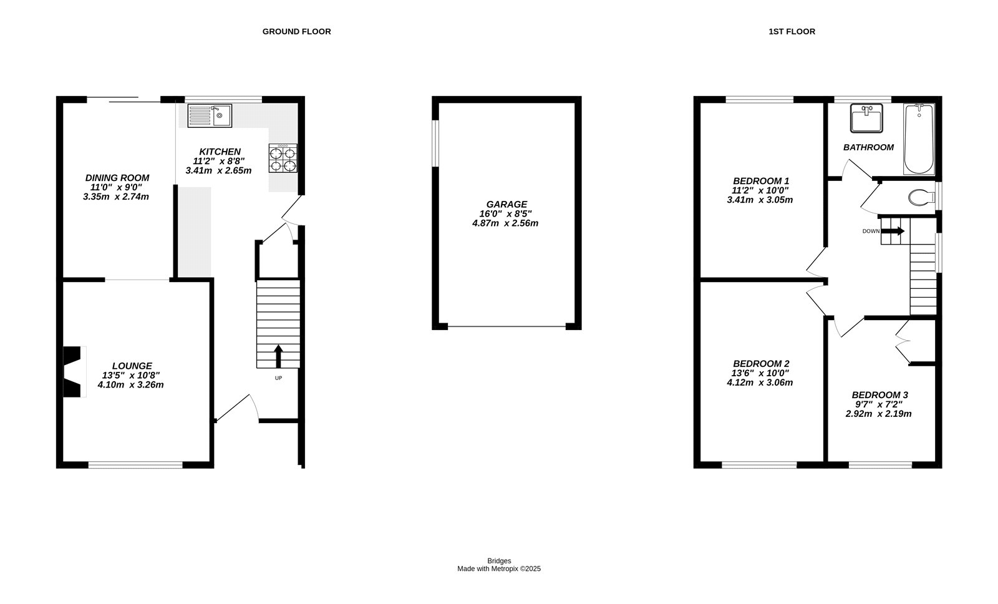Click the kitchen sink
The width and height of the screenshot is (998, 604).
pyautogui.click(x=210, y=115)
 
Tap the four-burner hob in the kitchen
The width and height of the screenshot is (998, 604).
pyautogui.click(x=283, y=158)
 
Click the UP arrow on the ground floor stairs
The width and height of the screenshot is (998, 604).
pyautogui.click(x=278, y=356)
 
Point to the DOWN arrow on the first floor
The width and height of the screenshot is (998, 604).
pyautogui.click(x=893, y=231)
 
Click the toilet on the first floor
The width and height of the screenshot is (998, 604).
pyautogui.click(x=921, y=197)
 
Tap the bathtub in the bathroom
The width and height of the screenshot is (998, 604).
pyautogui.click(x=919, y=139)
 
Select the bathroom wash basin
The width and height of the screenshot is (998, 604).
pyautogui.click(x=866, y=118)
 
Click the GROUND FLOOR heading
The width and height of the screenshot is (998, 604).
pyautogui.click(x=297, y=32)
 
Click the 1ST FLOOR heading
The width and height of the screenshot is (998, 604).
pyautogui.click(x=792, y=32)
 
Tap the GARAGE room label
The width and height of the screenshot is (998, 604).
pyautogui.click(x=506, y=204)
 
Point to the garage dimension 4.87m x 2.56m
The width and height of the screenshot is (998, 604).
pyautogui.click(x=505, y=223)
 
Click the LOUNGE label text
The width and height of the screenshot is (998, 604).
pyautogui.click(x=132, y=366)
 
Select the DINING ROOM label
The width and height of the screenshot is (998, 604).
pyautogui.click(x=117, y=177)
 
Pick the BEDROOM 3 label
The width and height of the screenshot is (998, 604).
pyautogui.click(x=879, y=395)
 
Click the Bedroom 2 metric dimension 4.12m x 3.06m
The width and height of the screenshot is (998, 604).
pyautogui.click(x=760, y=382)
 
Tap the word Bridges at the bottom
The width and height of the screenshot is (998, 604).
pyautogui.click(x=499, y=561)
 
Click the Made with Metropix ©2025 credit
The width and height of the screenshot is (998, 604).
pyautogui.click(x=499, y=569)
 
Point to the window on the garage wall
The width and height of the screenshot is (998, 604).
pyautogui.click(x=436, y=144)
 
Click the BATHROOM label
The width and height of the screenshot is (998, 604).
pyautogui.click(x=868, y=147)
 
